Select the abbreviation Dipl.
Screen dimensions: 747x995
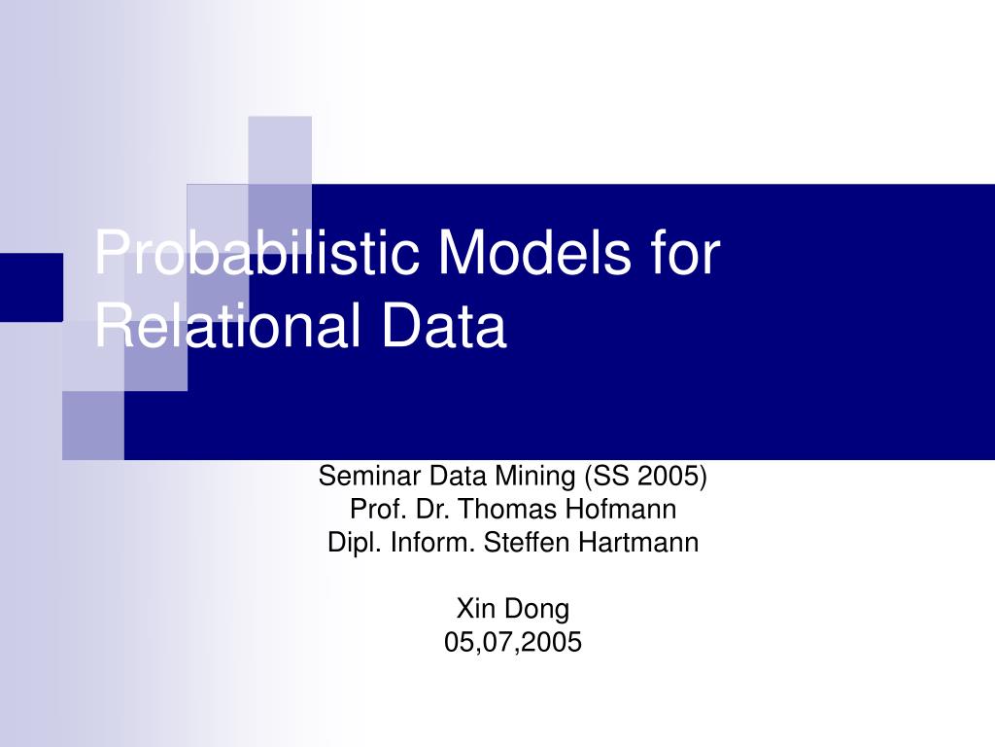(x=356, y=543)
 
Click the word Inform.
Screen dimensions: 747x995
(x=434, y=543)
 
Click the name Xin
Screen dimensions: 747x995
(x=475, y=609)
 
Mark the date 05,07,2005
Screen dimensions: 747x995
(x=513, y=642)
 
